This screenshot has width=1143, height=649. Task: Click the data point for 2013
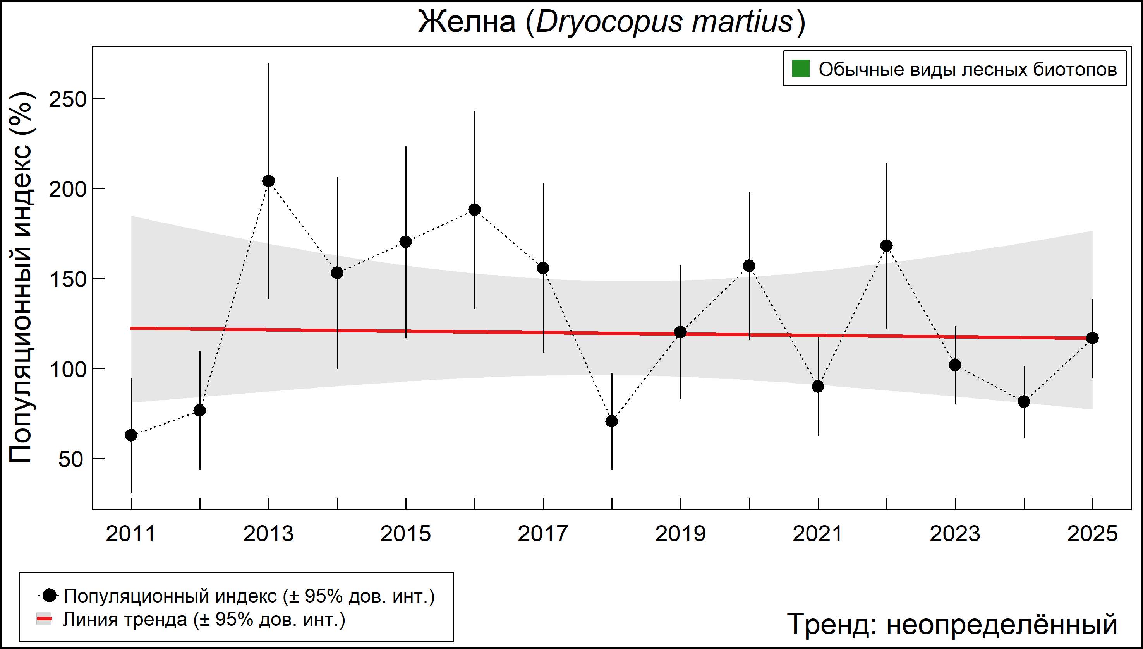click(x=268, y=181)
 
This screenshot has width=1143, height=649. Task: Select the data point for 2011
click(x=131, y=435)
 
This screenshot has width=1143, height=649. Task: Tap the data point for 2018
click(x=612, y=421)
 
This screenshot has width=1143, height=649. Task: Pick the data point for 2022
click(x=887, y=246)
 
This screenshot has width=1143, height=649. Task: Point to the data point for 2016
click(x=474, y=209)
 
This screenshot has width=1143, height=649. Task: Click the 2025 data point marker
click(x=1093, y=338)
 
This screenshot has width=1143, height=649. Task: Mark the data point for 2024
click(x=1024, y=402)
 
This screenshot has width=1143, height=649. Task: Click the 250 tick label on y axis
click(x=67, y=100)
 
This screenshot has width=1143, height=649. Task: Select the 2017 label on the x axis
click(x=543, y=534)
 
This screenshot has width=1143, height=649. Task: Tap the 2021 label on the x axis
click(x=818, y=534)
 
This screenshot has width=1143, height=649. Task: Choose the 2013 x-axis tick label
click(x=268, y=534)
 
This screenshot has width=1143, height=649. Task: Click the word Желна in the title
click(x=467, y=22)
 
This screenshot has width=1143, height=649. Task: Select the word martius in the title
click(x=741, y=22)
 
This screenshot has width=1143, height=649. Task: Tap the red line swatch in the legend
click(x=44, y=619)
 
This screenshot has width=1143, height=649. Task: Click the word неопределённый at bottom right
click(x=1002, y=625)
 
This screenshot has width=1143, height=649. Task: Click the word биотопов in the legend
click(x=1075, y=70)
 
